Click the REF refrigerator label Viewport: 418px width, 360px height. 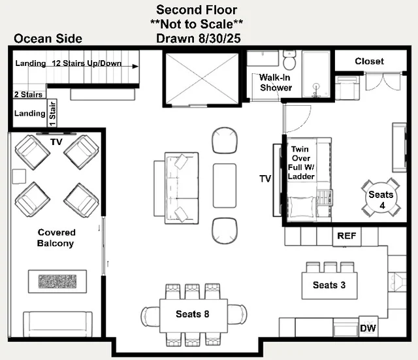[346, 236]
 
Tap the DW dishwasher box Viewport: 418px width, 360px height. [368, 327]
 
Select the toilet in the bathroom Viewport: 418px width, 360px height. [289, 59]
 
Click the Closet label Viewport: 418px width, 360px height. [369, 61]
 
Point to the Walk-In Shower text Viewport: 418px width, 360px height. [276, 82]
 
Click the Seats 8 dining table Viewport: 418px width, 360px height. [193, 316]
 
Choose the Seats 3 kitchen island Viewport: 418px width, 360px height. [329, 286]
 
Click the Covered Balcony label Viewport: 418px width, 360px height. [56, 238]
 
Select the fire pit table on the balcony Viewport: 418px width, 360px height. [57, 282]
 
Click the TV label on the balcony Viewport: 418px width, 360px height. [56, 142]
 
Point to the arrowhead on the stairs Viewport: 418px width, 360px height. [135, 66]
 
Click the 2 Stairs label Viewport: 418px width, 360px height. [28, 94]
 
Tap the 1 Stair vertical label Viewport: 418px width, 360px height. [52, 113]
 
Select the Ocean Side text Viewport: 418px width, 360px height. [48, 39]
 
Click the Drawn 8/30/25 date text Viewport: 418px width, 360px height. [199, 39]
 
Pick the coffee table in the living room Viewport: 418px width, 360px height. [225, 186]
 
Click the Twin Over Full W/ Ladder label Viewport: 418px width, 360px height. [301, 163]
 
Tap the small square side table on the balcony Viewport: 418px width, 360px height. [19, 176]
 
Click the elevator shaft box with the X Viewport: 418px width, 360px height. [202, 78]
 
